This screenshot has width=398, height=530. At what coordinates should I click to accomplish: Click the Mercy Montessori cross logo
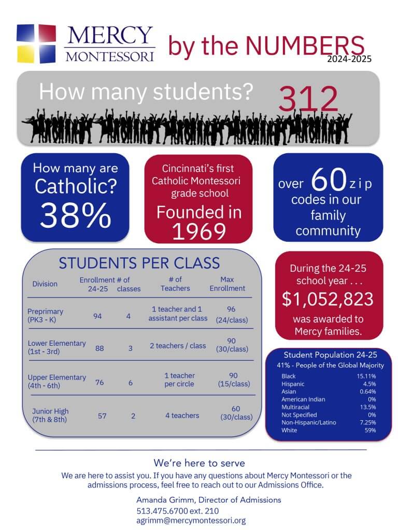(x=36, y=43)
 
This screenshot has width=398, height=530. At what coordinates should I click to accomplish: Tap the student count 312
(x=308, y=99)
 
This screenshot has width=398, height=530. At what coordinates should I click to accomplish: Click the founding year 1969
(x=198, y=232)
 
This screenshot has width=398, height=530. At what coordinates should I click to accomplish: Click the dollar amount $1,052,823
(x=328, y=299)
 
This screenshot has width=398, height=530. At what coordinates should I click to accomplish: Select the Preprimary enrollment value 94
(x=97, y=316)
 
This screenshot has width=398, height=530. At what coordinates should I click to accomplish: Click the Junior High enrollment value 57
(x=102, y=416)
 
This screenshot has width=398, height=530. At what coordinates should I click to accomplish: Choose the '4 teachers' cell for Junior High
(x=182, y=415)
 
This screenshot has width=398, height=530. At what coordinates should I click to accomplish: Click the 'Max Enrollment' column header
(x=228, y=284)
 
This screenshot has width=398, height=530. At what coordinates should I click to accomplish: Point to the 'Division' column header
(x=45, y=284)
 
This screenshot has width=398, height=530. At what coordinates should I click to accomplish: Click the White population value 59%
(x=370, y=431)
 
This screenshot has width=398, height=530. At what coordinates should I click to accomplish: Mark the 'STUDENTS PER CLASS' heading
(x=139, y=263)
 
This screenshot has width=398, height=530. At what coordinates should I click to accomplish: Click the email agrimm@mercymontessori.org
(x=191, y=521)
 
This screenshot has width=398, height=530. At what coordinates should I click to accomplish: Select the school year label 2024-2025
(x=349, y=59)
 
